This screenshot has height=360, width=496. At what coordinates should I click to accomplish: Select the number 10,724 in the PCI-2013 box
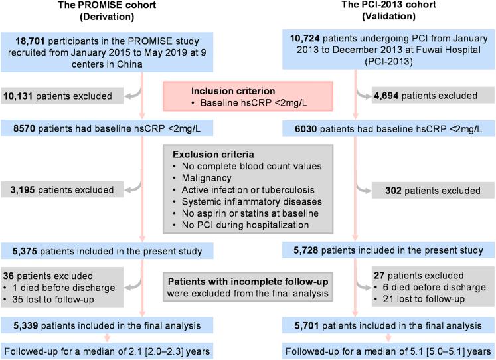(307, 42)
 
